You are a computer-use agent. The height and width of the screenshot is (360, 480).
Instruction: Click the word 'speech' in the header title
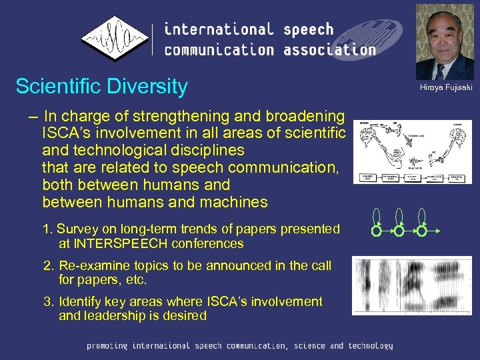[307, 29]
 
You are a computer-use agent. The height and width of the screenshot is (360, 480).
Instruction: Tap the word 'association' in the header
[329, 50]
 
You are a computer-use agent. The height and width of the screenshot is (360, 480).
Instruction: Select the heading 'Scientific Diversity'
[101, 87]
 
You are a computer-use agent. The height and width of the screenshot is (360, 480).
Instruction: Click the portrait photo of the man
[444, 42]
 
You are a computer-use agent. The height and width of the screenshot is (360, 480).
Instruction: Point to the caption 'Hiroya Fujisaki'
[445, 88]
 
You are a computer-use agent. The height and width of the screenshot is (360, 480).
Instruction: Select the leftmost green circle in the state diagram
[377, 232]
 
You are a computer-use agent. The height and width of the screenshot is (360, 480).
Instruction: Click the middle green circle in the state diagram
[399, 232]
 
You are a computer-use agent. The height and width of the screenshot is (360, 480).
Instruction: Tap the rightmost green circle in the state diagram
[422, 232]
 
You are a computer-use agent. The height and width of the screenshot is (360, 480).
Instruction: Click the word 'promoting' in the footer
[107, 346]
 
